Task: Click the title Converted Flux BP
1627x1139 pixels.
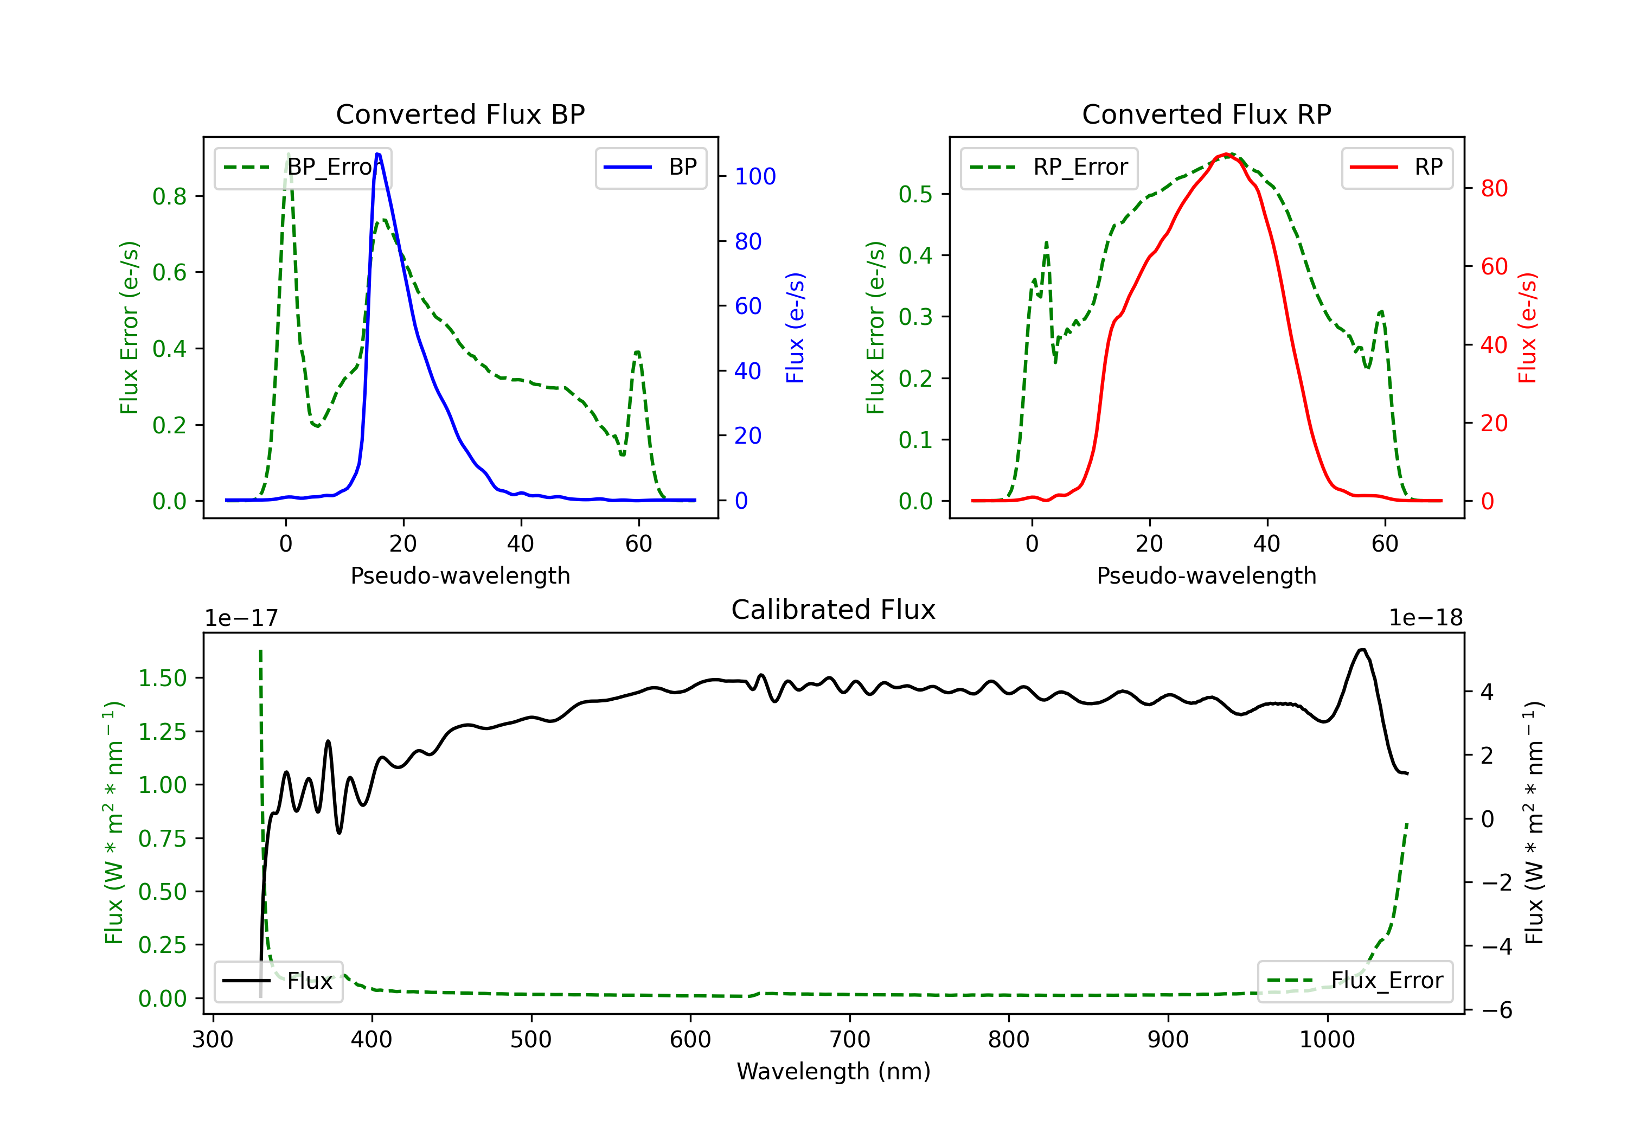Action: [x=460, y=114]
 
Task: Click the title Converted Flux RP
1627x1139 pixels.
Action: [x=1206, y=114]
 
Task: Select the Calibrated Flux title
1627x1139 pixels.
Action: [x=834, y=610]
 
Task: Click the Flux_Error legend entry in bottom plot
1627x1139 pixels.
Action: [x=1355, y=981]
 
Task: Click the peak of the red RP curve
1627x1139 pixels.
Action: [x=1225, y=154]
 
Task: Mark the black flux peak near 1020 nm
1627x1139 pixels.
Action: [x=1361, y=649]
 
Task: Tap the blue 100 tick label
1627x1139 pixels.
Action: [x=755, y=176]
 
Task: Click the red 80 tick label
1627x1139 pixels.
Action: [x=1495, y=189]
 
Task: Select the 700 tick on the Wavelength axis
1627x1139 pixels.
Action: [x=850, y=1040]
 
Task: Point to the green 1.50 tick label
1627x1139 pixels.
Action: [x=162, y=679]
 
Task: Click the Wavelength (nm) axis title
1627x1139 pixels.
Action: [x=834, y=1071]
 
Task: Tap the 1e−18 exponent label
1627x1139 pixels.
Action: [x=1426, y=618]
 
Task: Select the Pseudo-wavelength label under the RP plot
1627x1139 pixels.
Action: [x=1206, y=575]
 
